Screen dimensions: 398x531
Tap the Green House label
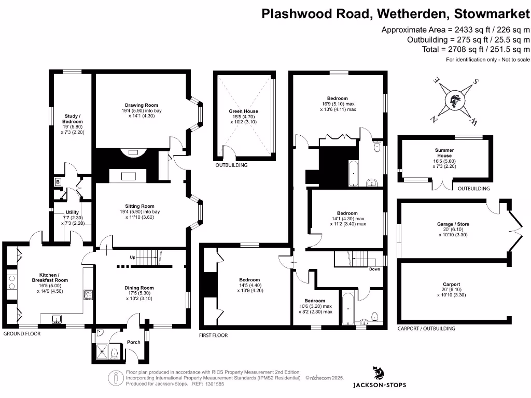243,111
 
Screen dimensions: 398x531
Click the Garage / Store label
453,224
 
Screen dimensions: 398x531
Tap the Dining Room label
139,288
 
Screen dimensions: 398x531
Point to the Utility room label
72,212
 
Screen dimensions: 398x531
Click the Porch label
133,342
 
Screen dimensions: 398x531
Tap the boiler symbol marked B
57,182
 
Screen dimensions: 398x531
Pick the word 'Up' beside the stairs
132,257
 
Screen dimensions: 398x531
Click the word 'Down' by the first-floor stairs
374,269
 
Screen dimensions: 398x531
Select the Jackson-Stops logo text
379,385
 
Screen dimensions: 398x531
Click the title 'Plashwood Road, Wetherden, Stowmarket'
396,13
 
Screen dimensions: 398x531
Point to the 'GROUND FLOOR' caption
22,334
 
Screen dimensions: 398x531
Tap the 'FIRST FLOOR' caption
214,335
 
